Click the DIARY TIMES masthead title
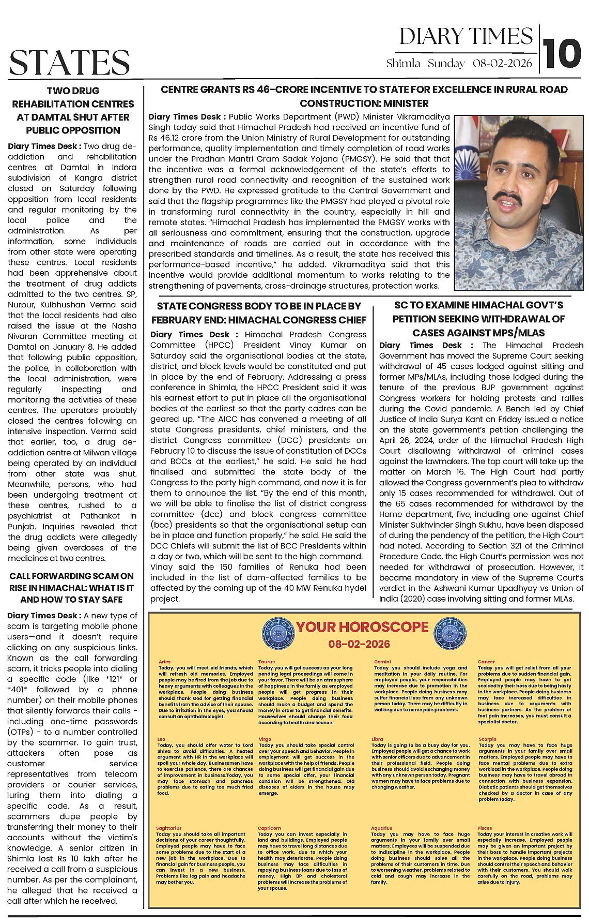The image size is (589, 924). point(466,36)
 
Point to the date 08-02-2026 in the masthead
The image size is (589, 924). point(502,64)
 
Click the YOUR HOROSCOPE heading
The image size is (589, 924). point(362,627)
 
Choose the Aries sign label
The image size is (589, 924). point(164,662)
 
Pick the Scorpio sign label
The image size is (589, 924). point(487,739)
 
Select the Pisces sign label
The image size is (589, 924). point(485,828)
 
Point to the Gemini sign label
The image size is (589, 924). point(382,662)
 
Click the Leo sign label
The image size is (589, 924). point(162,739)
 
